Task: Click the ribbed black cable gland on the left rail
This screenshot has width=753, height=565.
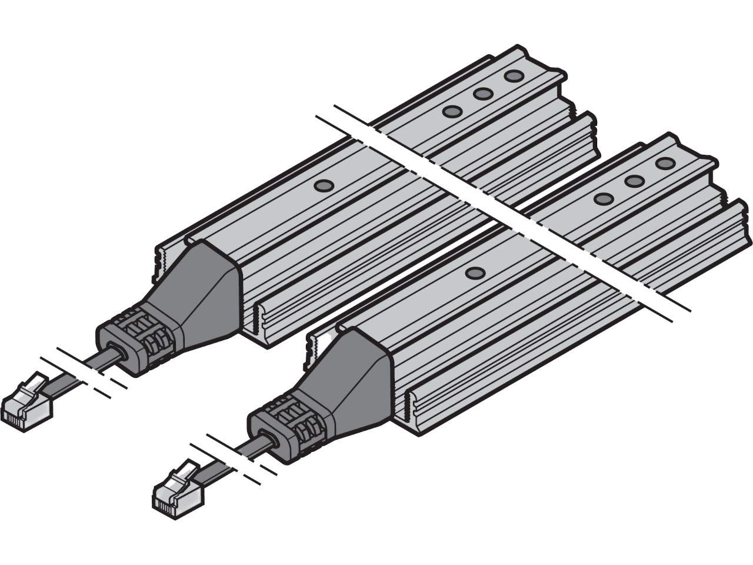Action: tap(138, 338)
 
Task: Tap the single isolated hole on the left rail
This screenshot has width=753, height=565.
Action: tap(322, 186)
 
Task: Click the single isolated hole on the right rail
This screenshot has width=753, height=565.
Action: tap(473, 272)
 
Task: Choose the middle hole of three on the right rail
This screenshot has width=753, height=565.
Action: tap(634, 181)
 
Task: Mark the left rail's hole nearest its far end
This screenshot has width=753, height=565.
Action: tap(514, 76)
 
